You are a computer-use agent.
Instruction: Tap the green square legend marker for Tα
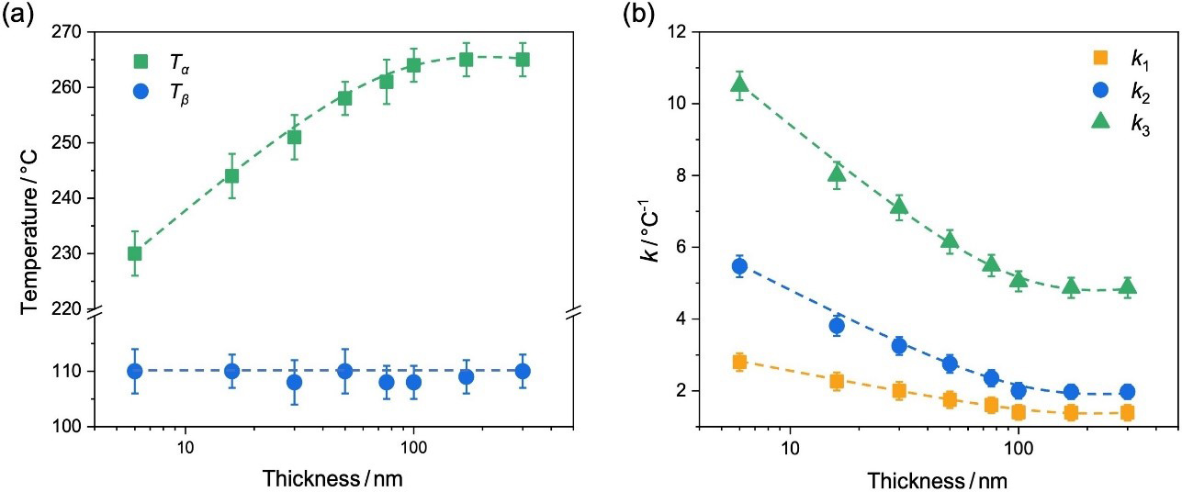pos(141,61)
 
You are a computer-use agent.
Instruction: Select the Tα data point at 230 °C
pos(134,253)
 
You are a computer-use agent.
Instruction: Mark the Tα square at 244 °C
pos(231,176)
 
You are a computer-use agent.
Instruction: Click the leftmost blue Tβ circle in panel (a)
pos(134,371)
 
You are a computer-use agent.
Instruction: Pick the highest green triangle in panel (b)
pos(739,85)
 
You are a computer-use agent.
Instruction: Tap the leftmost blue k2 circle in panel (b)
pos(739,266)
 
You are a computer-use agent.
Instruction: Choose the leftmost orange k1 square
pos(739,362)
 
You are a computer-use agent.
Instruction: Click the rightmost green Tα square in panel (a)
pos(522,60)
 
